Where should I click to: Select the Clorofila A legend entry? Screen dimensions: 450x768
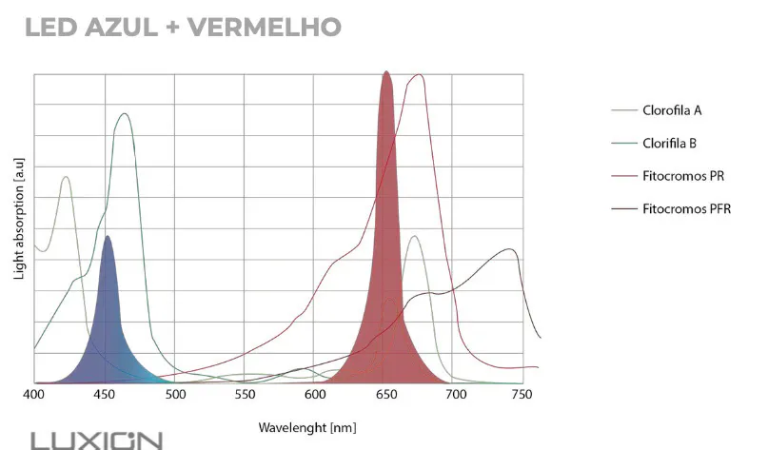(x=672, y=110)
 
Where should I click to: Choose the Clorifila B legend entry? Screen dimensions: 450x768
(x=670, y=143)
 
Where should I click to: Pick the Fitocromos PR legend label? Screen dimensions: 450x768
(x=683, y=176)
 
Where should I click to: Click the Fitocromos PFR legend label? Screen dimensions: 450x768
(x=686, y=208)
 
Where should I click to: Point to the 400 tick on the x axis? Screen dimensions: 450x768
(x=34, y=394)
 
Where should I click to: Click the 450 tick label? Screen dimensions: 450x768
(x=105, y=394)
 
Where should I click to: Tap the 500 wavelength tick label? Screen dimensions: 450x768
(x=175, y=394)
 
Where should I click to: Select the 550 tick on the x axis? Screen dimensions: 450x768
(x=246, y=394)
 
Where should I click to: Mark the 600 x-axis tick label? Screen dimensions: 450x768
(x=315, y=394)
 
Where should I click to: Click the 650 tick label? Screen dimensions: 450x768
(x=385, y=394)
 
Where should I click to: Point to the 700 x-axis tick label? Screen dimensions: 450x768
(x=455, y=394)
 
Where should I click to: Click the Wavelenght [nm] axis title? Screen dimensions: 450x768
(x=307, y=427)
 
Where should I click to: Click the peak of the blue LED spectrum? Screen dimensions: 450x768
(x=108, y=237)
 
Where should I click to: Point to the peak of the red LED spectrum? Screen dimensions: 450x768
(x=386, y=72)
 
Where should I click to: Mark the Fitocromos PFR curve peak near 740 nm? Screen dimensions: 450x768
(x=512, y=250)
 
